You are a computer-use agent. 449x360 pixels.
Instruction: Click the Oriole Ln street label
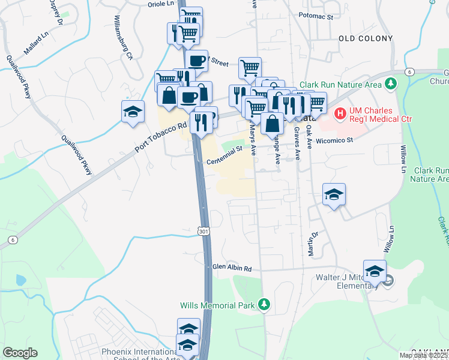click(x=160, y=4)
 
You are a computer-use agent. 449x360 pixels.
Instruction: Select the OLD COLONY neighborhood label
click(x=366, y=38)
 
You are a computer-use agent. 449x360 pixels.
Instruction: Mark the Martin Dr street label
click(x=312, y=245)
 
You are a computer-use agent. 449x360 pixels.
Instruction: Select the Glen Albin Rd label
click(x=231, y=268)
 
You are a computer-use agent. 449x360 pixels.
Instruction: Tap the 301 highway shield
click(x=203, y=231)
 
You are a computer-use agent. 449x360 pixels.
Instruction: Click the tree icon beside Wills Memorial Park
click(x=264, y=305)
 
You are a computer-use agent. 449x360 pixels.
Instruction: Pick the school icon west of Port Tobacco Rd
click(x=132, y=112)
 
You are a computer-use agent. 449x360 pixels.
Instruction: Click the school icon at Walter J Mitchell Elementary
click(x=375, y=271)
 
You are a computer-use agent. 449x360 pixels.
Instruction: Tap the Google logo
click(x=20, y=353)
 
